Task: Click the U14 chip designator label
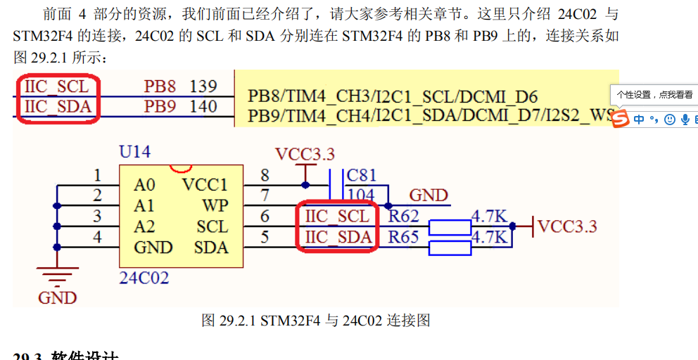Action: tap(134, 152)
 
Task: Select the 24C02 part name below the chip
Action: tap(144, 278)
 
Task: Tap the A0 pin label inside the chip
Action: tap(144, 185)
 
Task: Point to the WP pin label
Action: tap(215, 206)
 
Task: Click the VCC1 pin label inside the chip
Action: tap(205, 185)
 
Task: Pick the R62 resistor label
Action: tap(404, 217)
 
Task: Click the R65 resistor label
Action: tap(404, 238)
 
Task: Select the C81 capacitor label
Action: tap(362, 175)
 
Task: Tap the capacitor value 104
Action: tap(361, 195)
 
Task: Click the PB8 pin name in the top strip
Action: tap(160, 86)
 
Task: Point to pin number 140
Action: tap(203, 107)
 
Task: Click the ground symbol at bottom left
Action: tap(57, 278)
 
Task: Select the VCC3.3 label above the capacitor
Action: tap(305, 155)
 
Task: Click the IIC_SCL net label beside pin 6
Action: tap(337, 217)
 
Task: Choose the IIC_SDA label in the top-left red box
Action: tap(57, 107)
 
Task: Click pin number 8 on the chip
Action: tap(265, 176)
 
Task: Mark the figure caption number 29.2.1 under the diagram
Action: tap(239, 321)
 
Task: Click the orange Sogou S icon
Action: tap(620, 120)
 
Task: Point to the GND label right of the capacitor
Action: tap(429, 195)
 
